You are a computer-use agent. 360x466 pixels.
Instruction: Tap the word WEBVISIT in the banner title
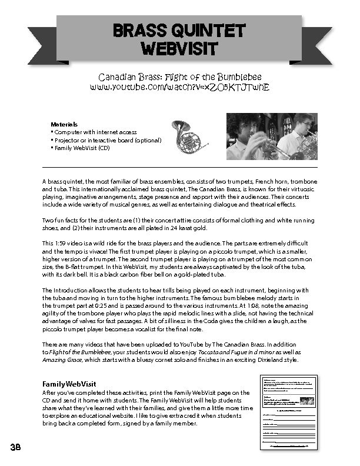(x=179, y=48)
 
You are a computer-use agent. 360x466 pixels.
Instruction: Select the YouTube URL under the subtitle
(x=179, y=86)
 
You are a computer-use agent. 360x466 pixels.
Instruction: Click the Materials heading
(x=64, y=125)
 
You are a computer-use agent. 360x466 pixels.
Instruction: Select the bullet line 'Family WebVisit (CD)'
(x=82, y=148)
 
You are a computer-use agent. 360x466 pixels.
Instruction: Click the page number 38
(x=15, y=447)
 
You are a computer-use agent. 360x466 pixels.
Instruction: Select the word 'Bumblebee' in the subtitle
(x=237, y=77)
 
